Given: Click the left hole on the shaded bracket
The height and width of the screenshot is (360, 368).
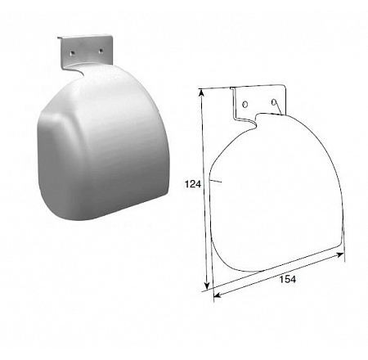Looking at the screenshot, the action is pos(71,53).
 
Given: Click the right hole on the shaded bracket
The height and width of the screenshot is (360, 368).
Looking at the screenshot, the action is pos(101,51).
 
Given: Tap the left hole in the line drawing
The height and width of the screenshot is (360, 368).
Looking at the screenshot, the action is pos(245,105).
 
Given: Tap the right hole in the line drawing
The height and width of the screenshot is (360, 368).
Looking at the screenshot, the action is pos(274,102).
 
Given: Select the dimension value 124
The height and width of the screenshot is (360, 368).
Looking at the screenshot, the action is pos(193,184).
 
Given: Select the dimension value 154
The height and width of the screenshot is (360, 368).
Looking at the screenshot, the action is pos(288,279).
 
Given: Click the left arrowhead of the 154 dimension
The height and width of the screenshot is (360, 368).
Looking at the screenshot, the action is pos(217,295).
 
